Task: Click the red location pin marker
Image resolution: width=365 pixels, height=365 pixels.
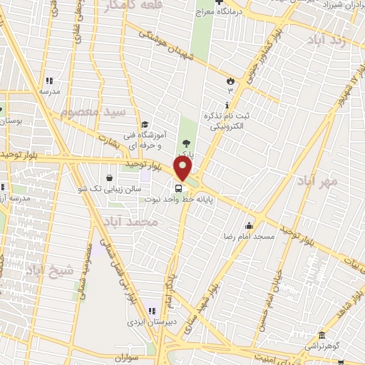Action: pyautogui.click(x=183, y=169)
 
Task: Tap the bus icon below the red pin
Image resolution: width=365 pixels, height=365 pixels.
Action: pyautogui.click(x=178, y=188)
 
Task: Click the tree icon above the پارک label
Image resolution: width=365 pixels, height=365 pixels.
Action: pyautogui.click(x=187, y=143)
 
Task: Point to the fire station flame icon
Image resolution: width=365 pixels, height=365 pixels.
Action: pyautogui.click(x=230, y=81)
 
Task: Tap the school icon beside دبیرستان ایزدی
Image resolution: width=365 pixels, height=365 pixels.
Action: pyautogui.click(x=151, y=311)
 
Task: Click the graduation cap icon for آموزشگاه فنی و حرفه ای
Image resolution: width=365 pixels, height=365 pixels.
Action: pyautogui.click(x=145, y=124)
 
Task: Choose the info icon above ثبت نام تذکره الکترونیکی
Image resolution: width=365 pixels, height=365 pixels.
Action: pyautogui.click(x=227, y=106)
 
